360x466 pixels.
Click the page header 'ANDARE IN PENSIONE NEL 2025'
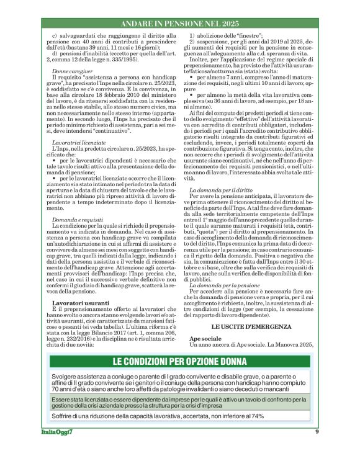click(x=179, y=24)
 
